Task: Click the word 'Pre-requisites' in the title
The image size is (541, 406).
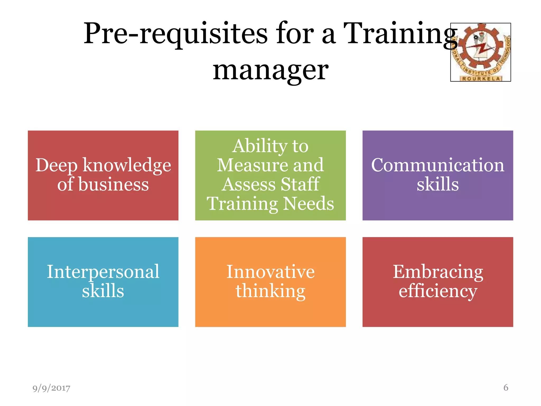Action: [176, 34]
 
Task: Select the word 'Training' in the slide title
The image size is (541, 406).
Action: [400, 34]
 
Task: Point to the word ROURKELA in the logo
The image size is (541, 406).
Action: [481, 79]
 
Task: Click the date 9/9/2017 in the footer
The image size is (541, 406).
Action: [51, 388]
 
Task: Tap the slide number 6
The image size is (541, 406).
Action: [506, 387]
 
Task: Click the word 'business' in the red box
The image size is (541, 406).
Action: [114, 184]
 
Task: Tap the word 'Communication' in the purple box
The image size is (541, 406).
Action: [438, 165]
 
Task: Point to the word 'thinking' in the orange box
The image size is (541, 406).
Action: [270, 291]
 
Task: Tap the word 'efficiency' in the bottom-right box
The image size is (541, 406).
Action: [438, 291]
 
